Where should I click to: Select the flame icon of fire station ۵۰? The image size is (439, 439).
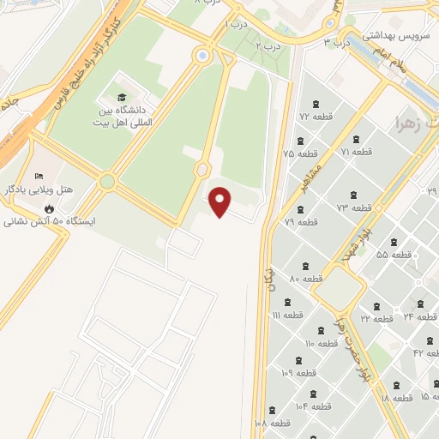pyautogui.click(x=50, y=208)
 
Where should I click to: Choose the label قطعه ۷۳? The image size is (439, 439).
pyautogui.click(x=353, y=208)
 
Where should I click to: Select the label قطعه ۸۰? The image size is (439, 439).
pyautogui.click(x=306, y=279)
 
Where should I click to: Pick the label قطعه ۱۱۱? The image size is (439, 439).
pyautogui.click(x=288, y=316)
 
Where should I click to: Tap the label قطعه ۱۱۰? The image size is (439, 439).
pyautogui.click(x=322, y=344)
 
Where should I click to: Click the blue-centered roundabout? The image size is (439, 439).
pyautogui.click(x=202, y=56)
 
